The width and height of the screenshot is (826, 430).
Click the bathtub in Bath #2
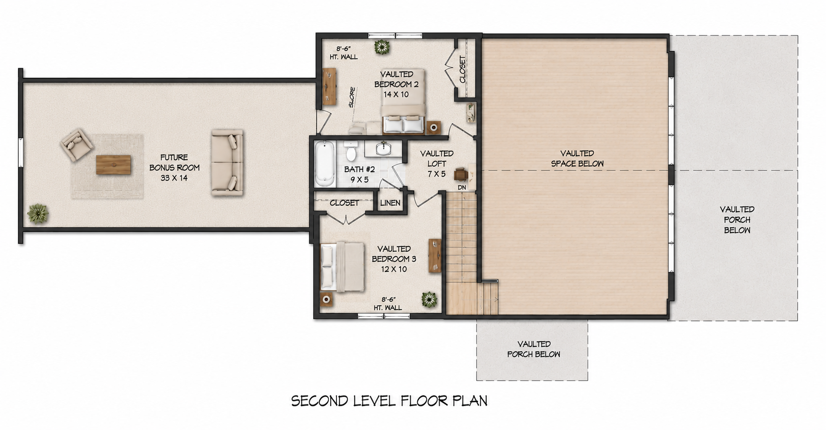[325, 163]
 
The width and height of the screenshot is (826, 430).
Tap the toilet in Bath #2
[351, 151]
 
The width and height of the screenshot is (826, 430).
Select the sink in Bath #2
[383, 149]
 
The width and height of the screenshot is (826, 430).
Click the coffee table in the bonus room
[114, 165]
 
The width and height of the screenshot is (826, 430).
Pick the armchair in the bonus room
[77, 144]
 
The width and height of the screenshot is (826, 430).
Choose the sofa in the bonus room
[227, 162]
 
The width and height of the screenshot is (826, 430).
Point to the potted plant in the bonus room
[38, 214]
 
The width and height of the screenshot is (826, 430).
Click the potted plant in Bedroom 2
[382, 47]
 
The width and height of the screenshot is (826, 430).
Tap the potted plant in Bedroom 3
[429, 299]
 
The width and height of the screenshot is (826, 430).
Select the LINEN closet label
[390, 203]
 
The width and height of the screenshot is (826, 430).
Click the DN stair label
[461, 188]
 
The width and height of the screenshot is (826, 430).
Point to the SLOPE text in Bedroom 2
[352, 97]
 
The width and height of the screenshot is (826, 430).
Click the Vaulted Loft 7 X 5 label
[437, 163]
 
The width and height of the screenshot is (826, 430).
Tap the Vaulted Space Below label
[577, 158]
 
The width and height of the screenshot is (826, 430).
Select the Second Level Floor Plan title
[389, 401]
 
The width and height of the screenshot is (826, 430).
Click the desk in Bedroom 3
[435, 256]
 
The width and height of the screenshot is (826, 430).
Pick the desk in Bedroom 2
[329, 86]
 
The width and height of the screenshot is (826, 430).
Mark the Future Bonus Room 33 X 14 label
[174, 167]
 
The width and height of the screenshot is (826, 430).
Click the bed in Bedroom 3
[342, 267]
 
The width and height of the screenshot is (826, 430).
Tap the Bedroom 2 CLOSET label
[462, 69]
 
